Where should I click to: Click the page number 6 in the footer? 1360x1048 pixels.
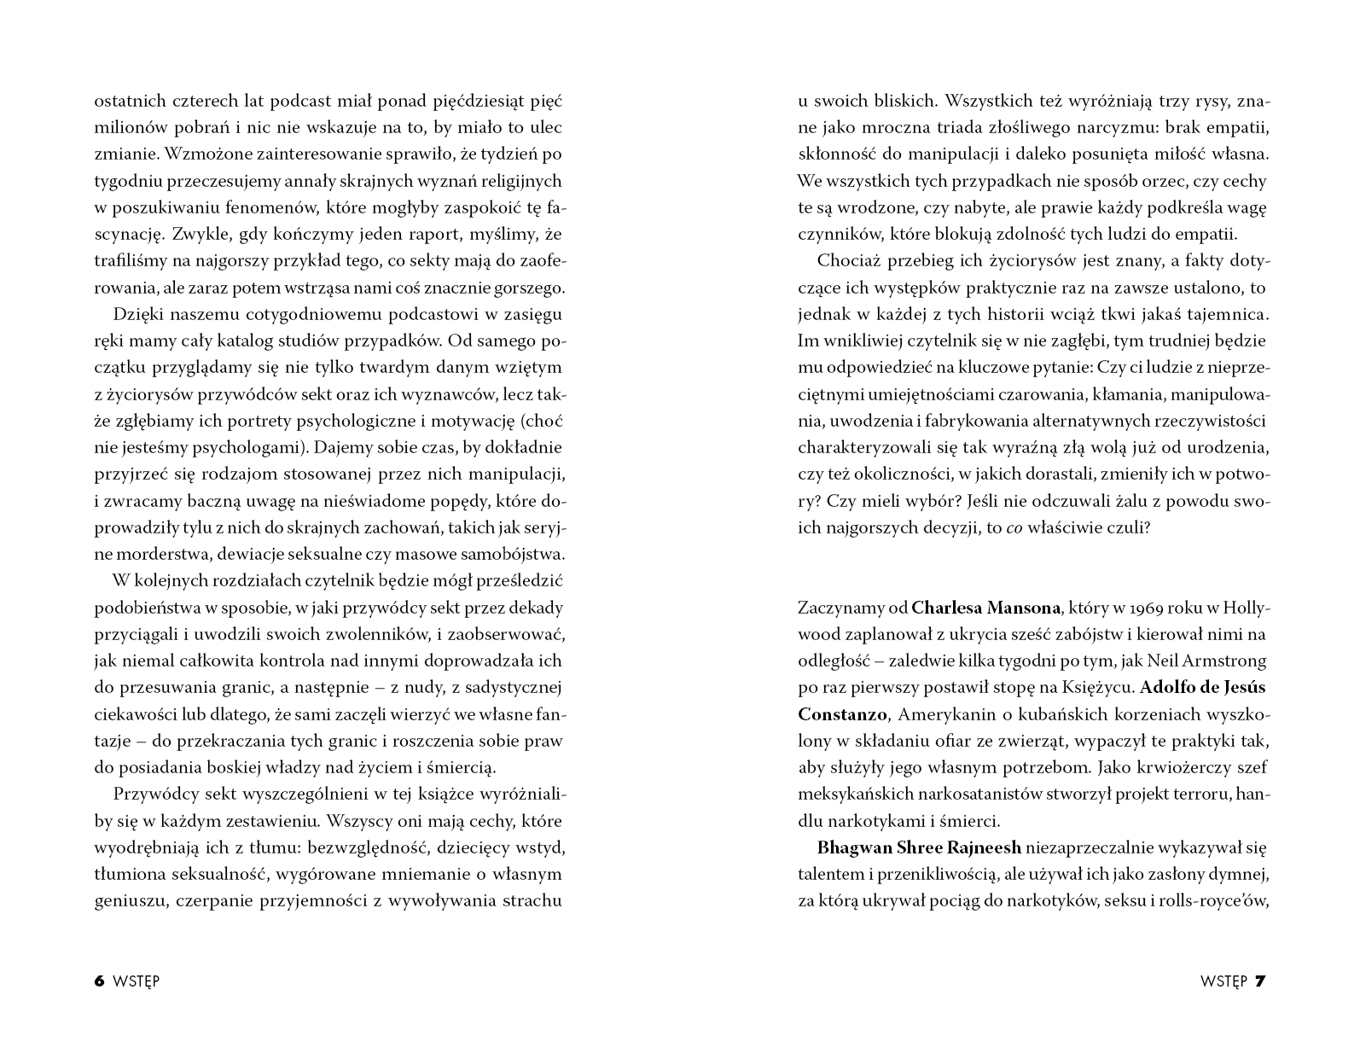99,981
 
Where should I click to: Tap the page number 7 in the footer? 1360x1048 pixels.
1260,981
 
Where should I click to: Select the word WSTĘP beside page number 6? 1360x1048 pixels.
137,981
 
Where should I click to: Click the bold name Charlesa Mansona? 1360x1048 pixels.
985,608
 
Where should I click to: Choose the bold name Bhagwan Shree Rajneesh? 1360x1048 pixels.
919,847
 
